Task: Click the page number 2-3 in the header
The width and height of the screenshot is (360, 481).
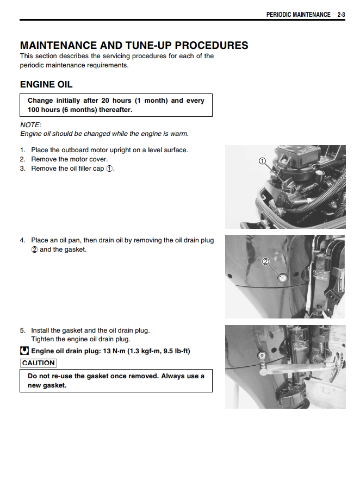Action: (341, 15)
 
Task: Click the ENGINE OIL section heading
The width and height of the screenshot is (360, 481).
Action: (46, 85)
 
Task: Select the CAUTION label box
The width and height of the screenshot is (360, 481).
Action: (38, 363)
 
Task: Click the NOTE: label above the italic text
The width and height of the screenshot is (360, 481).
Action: (30, 125)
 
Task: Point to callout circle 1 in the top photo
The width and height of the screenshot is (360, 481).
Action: (262, 161)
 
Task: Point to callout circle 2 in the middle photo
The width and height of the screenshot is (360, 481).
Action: (265, 261)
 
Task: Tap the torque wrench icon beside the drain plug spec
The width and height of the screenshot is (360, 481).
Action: (24, 351)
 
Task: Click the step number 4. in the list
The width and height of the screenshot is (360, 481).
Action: (23, 240)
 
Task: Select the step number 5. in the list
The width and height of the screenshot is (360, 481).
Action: (23, 330)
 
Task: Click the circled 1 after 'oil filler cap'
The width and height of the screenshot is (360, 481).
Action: (109, 169)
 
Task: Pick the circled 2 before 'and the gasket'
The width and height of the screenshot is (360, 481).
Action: (34, 250)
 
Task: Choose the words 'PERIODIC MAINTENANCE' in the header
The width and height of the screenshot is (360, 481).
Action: (298, 15)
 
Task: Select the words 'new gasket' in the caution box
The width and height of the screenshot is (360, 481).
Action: (47, 385)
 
